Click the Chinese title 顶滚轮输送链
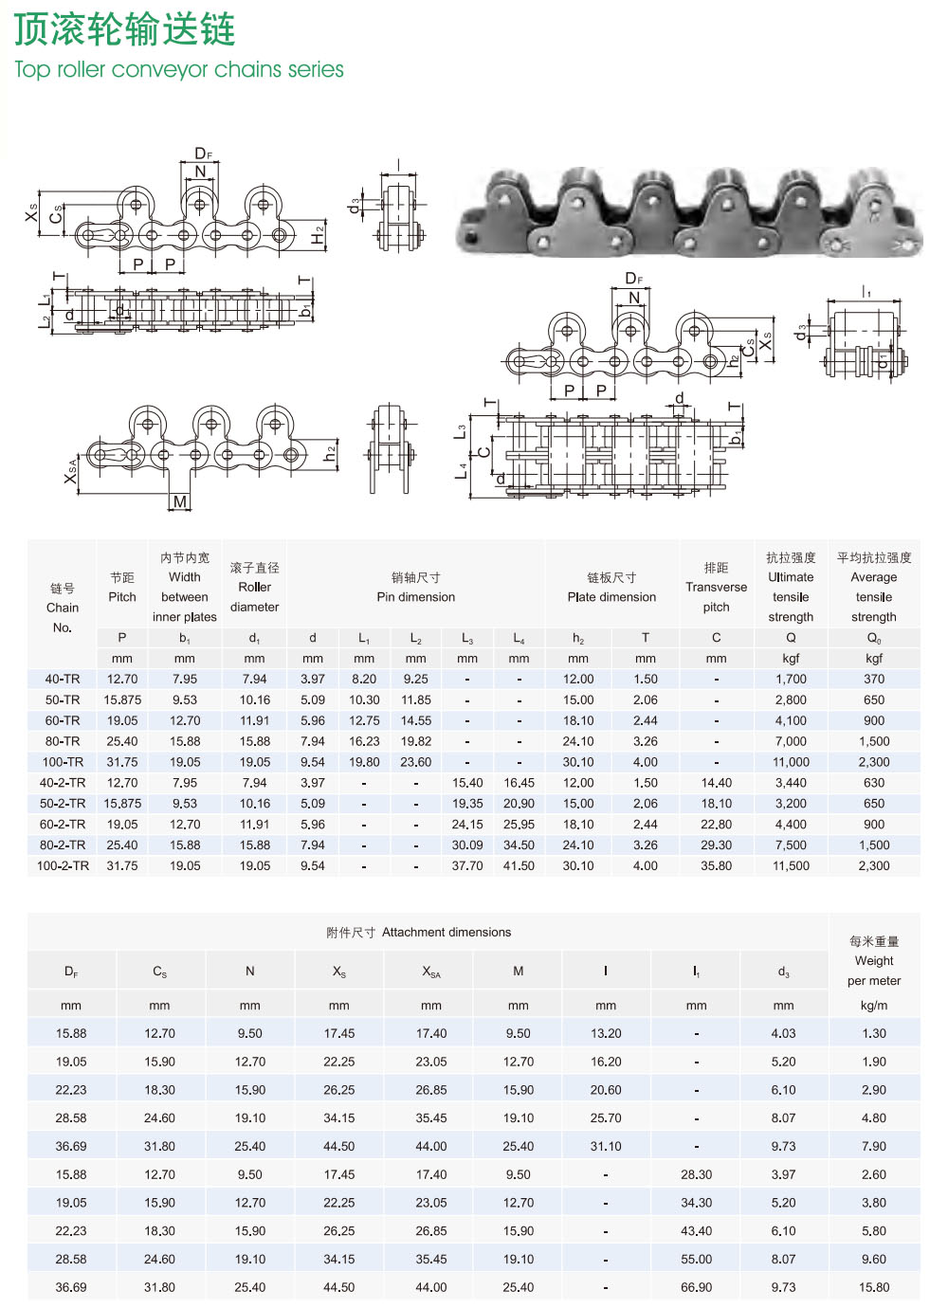pyautogui.click(x=124, y=29)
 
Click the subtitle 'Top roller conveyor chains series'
pyautogui.click(x=179, y=69)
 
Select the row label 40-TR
pyautogui.click(x=63, y=680)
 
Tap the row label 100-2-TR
pyautogui.click(x=63, y=866)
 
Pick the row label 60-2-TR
pyautogui.click(x=63, y=825)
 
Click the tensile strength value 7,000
pyautogui.click(x=791, y=742)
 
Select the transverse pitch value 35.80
pyautogui.click(x=716, y=866)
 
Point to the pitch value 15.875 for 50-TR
pyautogui.click(x=122, y=700)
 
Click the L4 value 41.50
pyautogui.click(x=519, y=866)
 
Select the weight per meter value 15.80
pyautogui.click(x=873, y=1287)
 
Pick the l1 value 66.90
pyautogui.click(x=696, y=1287)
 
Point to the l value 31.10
pyautogui.click(x=606, y=1146)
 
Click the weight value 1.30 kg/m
pyautogui.click(x=873, y=1034)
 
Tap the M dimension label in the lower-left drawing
pyautogui.click(x=180, y=501)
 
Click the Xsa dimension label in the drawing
pyautogui.click(x=71, y=470)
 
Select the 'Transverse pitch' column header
pyautogui.click(x=716, y=588)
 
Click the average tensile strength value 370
pyautogui.click(x=873, y=680)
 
